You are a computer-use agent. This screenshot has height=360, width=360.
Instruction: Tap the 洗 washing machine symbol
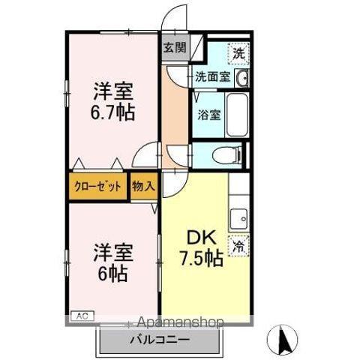click(238, 53)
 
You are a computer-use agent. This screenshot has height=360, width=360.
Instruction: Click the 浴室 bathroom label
click(208, 115)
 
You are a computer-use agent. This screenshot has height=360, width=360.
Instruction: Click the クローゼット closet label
click(97, 187)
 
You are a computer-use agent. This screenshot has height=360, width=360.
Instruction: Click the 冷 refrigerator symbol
click(239, 244)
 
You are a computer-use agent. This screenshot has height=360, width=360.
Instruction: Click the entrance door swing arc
click(175, 16)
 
